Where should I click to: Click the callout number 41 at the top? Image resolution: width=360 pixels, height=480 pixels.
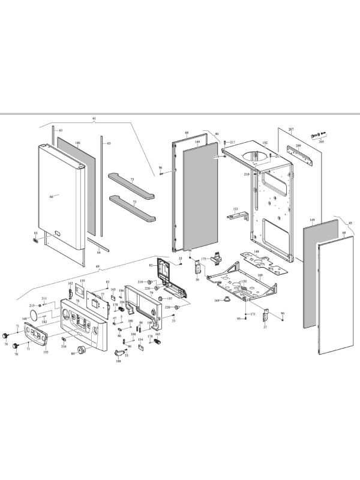pos(94,119)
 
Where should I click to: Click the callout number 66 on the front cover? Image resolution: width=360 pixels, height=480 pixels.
pos(51,196)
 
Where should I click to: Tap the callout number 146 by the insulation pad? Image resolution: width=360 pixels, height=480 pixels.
pos(77,143)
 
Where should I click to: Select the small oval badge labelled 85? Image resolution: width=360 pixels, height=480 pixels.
pos(36,239)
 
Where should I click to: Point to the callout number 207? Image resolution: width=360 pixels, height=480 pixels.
pos(291,129)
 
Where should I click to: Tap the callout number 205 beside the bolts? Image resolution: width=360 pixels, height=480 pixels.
pos(321,143)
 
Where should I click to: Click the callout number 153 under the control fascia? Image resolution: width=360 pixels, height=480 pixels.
pos(45,352)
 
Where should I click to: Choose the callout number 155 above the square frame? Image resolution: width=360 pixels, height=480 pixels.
pos(83,281)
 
